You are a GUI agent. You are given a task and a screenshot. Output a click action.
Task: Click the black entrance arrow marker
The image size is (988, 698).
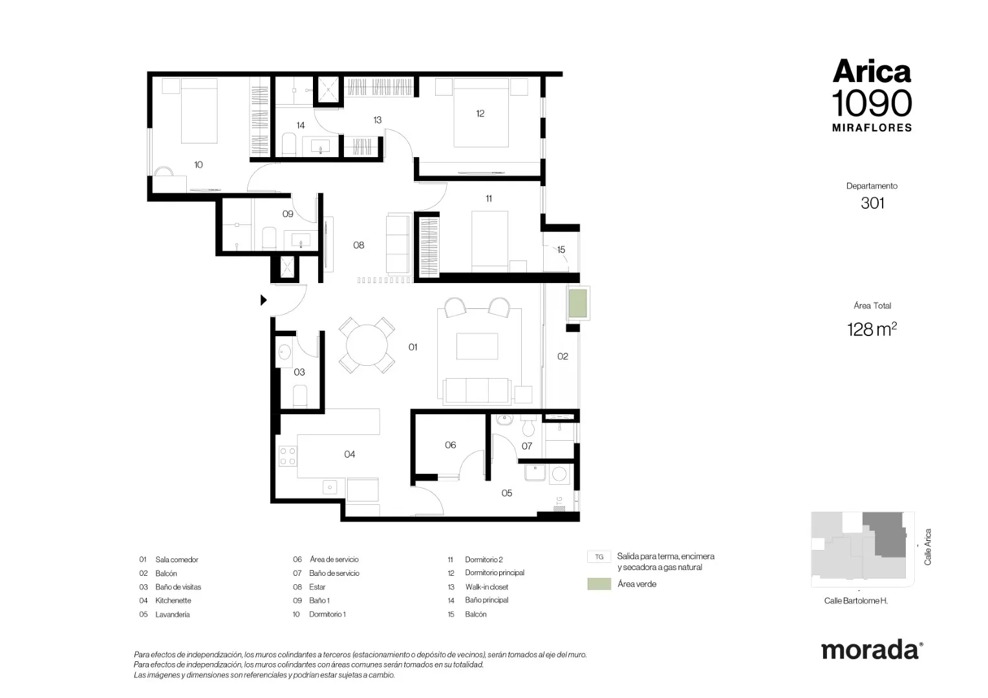click(263, 301)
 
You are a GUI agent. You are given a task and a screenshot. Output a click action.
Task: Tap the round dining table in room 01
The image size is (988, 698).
click(367, 345)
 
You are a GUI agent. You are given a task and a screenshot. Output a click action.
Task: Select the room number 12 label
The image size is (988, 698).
click(480, 114)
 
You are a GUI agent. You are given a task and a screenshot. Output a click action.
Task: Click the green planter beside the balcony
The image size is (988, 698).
click(577, 303)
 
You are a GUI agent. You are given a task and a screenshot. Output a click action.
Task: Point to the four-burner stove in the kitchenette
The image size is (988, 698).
click(288, 456)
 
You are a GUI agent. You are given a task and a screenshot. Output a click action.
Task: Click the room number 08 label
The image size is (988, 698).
click(359, 245)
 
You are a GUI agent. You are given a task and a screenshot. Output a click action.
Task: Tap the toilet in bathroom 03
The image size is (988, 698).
click(300, 396)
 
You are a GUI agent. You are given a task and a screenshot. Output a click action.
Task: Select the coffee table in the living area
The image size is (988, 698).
click(477, 346)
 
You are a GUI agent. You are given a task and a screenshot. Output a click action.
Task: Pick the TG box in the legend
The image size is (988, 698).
click(599, 557)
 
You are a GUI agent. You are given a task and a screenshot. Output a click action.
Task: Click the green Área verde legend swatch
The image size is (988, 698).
click(599, 584)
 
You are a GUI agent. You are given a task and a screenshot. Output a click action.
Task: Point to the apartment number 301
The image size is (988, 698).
click(872, 204)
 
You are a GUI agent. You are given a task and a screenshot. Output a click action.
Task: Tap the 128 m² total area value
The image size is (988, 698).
click(872, 330)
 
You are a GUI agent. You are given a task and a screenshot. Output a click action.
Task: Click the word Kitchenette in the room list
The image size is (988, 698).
click(173, 600)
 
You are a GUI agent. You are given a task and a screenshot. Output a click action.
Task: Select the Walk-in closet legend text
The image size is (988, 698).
click(486, 587)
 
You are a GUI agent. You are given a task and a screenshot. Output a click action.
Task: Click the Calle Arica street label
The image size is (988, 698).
click(928, 547)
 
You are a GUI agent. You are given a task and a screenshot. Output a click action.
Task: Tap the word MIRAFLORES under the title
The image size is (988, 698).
click(872, 128)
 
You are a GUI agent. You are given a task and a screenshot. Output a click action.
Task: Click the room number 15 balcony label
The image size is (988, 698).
click(561, 250)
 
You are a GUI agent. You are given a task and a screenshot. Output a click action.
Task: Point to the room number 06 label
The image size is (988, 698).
click(450, 445)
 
